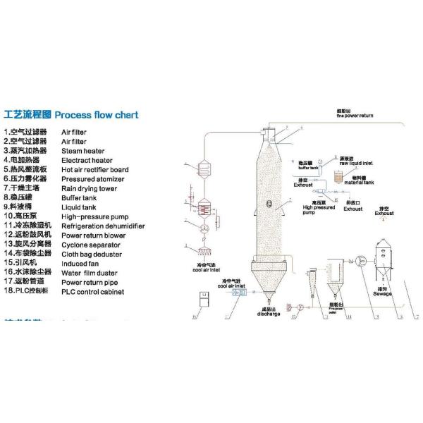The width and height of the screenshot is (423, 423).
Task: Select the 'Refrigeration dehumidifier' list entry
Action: [x=103, y=226]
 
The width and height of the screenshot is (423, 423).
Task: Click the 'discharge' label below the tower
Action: [x=268, y=314]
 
